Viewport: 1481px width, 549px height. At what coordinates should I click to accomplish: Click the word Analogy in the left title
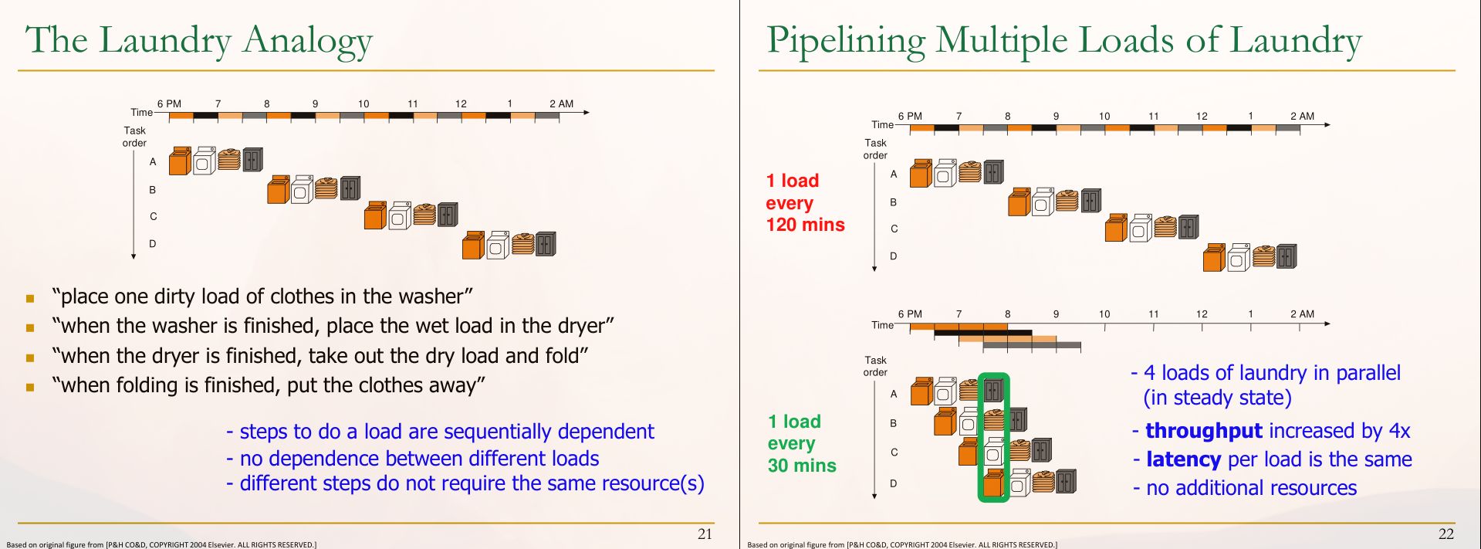point(307,41)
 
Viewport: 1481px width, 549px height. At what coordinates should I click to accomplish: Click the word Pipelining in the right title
point(846,41)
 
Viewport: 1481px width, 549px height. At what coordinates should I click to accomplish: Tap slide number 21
point(705,534)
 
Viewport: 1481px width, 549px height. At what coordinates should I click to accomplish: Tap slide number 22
point(1445,534)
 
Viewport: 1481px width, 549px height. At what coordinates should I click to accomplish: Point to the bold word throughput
point(1203,431)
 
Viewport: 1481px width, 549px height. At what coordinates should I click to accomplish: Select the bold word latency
point(1183,459)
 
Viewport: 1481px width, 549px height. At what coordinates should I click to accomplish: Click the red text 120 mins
point(805,225)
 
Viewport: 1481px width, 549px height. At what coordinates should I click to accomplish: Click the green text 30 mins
point(802,466)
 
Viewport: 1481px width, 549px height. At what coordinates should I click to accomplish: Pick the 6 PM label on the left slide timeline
point(169,103)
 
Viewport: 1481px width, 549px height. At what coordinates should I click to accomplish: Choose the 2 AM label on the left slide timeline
point(561,103)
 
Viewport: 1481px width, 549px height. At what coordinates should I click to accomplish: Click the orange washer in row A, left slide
point(180,161)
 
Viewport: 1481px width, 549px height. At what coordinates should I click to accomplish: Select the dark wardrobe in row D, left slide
point(546,244)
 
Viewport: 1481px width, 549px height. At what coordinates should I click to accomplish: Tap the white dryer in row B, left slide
point(302,189)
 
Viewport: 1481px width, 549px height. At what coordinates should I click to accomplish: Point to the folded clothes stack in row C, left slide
point(424,214)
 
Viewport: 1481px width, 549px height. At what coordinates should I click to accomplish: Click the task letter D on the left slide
point(153,244)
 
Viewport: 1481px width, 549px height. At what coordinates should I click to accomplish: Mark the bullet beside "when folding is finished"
point(30,387)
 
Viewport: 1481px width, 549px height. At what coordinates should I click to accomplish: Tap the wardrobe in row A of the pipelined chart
point(994,391)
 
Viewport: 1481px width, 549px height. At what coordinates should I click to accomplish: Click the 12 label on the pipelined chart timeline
point(1202,314)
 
